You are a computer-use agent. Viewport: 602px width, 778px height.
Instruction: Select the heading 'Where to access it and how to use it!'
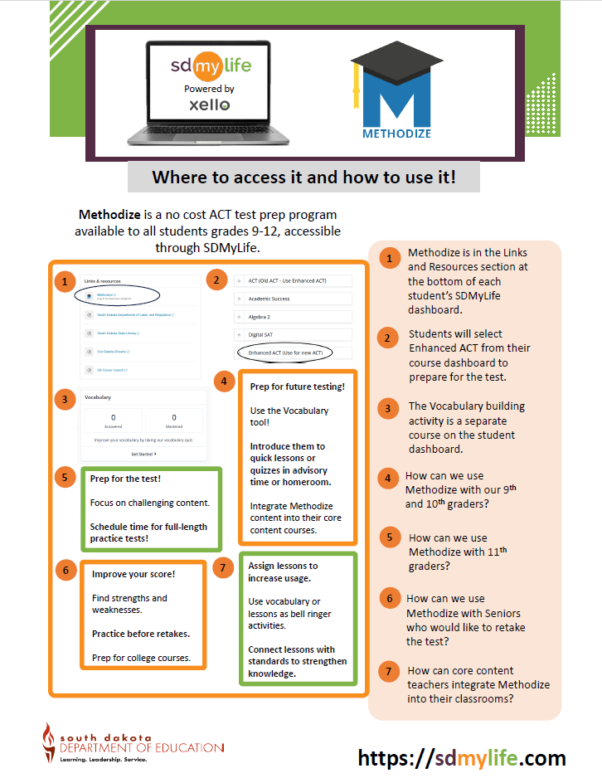coord(303,177)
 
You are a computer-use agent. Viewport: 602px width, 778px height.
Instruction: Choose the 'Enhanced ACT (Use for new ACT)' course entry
coord(284,353)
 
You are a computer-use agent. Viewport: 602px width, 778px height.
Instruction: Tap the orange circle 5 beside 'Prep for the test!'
coord(66,477)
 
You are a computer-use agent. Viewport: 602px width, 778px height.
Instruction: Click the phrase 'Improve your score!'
coord(134,574)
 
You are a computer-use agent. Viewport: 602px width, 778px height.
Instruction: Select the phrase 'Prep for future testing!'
coord(297,386)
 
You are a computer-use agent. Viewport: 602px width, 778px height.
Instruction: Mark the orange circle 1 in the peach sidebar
coord(388,259)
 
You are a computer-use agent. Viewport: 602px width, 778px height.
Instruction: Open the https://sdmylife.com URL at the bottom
coord(462,757)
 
